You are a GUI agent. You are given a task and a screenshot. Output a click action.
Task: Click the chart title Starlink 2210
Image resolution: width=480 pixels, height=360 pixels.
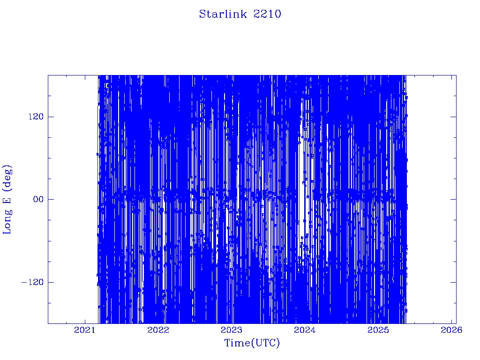[x=240, y=14]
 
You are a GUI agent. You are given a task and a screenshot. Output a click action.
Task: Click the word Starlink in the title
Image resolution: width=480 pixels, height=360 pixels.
[x=223, y=14]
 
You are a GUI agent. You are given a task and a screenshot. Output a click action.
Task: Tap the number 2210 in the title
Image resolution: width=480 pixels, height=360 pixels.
[x=267, y=14]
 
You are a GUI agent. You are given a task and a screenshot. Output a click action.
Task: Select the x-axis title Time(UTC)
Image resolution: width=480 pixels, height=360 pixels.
[x=252, y=343]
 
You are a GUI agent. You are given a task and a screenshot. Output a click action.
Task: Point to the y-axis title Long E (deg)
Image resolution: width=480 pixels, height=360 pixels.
[x=7, y=200]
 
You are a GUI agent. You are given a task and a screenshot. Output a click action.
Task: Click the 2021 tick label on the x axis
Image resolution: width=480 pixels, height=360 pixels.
[x=85, y=330]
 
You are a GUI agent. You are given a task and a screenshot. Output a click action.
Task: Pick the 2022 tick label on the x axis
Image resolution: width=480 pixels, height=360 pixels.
[x=158, y=330]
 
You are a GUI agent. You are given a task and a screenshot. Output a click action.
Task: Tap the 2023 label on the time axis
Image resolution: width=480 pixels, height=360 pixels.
[x=232, y=330]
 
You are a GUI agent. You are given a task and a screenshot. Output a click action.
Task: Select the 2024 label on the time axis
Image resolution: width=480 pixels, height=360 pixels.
[x=305, y=330]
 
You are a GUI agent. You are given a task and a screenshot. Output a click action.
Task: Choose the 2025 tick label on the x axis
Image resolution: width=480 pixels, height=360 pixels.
[x=378, y=330]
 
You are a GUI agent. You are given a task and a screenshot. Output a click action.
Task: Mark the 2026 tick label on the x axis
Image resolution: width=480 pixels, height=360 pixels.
[x=451, y=330]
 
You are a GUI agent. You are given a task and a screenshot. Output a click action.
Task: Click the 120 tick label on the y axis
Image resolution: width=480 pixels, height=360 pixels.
[x=36, y=117]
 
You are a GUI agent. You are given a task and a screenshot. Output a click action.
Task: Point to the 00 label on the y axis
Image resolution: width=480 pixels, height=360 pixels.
[x=38, y=199]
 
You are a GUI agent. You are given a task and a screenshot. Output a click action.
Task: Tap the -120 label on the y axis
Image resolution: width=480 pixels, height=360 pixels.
[x=32, y=282]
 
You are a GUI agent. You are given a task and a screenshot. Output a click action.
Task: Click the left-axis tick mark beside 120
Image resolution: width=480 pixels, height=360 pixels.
[x=51, y=117]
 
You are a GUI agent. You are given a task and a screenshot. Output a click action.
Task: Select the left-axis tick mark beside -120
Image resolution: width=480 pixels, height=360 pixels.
[x=51, y=282]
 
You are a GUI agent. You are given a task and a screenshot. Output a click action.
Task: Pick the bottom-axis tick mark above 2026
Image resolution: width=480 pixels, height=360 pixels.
[x=451, y=321]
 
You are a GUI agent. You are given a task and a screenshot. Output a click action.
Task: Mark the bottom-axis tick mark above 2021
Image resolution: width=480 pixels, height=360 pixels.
[x=85, y=321]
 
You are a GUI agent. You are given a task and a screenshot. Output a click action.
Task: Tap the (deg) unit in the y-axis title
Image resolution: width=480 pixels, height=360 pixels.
[x=7, y=177]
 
